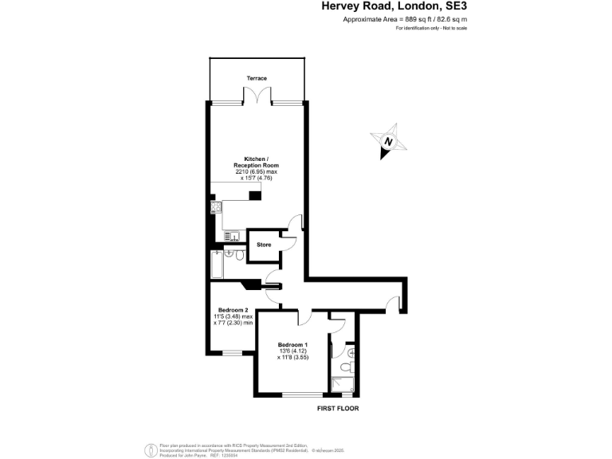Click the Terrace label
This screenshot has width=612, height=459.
click(x=257, y=78)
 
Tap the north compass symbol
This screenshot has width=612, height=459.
click(x=389, y=142)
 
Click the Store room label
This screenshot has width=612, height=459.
click(x=264, y=245)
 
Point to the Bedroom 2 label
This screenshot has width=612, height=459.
click(x=233, y=310)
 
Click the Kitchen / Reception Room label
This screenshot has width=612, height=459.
click(x=257, y=162)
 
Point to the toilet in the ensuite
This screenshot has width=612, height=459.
click(x=343, y=367)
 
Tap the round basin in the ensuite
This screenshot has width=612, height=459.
click(x=351, y=352)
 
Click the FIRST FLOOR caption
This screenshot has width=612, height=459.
click(x=339, y=408)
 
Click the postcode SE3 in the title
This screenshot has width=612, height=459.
click(x=455, y=6)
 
